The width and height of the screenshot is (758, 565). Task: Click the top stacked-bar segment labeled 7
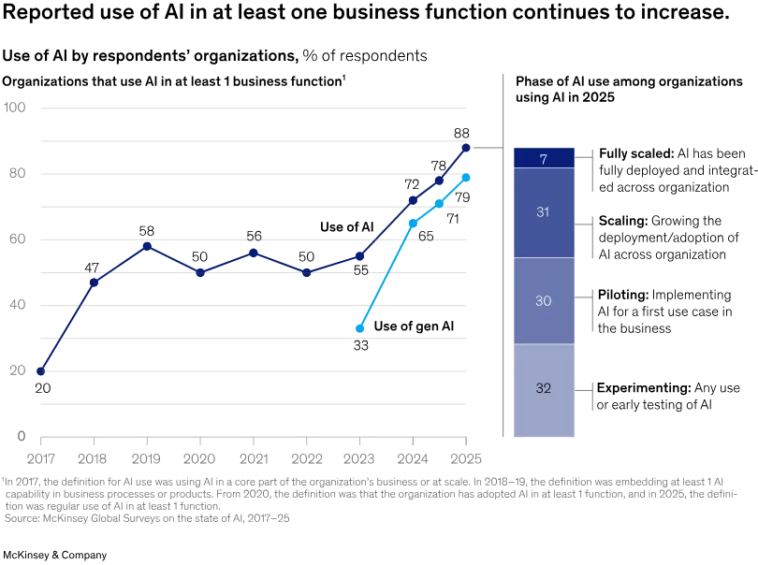point(543,157)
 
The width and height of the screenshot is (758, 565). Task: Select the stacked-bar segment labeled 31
point(543,212)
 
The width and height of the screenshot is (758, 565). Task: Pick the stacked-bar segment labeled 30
point(543,300)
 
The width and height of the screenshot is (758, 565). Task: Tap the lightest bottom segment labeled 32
point(543,390)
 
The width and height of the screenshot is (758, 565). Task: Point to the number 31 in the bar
point(543,212)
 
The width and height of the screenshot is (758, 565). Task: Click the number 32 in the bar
point(543,388)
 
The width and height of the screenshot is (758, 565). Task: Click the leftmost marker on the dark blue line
point(40,371)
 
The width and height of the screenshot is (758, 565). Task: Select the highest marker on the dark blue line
point(465,148)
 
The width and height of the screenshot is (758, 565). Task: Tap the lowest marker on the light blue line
point(360,328)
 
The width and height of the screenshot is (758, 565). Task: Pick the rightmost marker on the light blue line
point(465,177)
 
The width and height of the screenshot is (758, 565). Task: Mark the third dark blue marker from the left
point(147,246)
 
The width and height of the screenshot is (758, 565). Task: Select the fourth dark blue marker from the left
point(200,271)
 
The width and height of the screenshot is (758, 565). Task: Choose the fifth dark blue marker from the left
point(254,252)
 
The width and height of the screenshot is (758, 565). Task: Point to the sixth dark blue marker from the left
point(307,271)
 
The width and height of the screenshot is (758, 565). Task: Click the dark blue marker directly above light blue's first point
point(360,256)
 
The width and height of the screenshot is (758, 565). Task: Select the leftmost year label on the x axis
point(40,457)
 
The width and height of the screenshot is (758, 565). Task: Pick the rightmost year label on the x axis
point(465,457)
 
